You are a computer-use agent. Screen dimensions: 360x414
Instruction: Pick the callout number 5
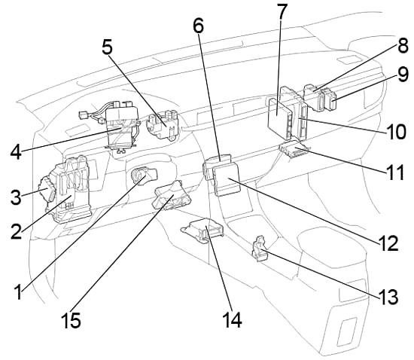(110, 47)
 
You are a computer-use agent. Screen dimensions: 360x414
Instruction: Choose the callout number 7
(282, 13)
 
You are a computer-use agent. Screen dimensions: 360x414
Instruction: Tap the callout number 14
(232, 319)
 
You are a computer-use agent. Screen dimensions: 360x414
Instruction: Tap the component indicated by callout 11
(292, 151)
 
